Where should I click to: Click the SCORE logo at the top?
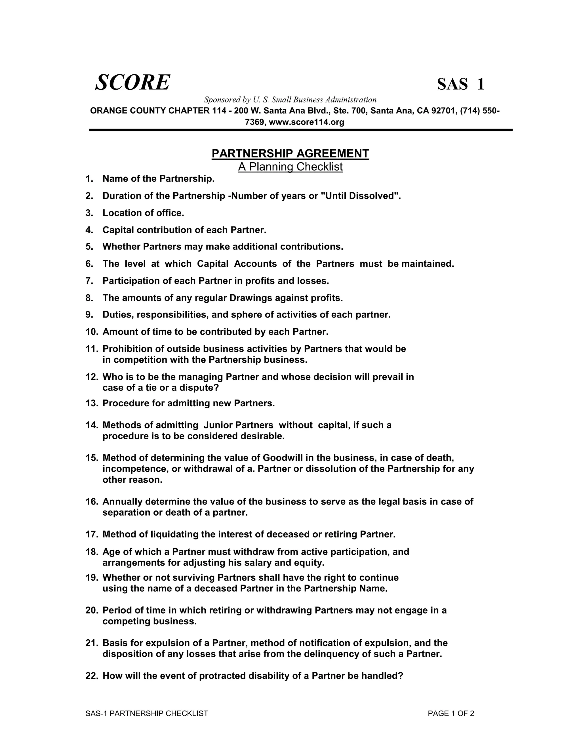pos(132,83)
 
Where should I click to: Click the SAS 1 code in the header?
pos(460,84)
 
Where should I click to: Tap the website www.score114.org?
pos(306,122)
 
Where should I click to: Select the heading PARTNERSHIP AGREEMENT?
pos(290,154)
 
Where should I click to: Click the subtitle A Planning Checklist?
pos(290,167)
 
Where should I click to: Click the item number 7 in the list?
pos(89,281)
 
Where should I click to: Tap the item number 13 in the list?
pos(92,403)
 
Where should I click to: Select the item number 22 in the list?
pos(92,676)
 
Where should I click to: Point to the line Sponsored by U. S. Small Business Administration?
pos(290,100)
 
